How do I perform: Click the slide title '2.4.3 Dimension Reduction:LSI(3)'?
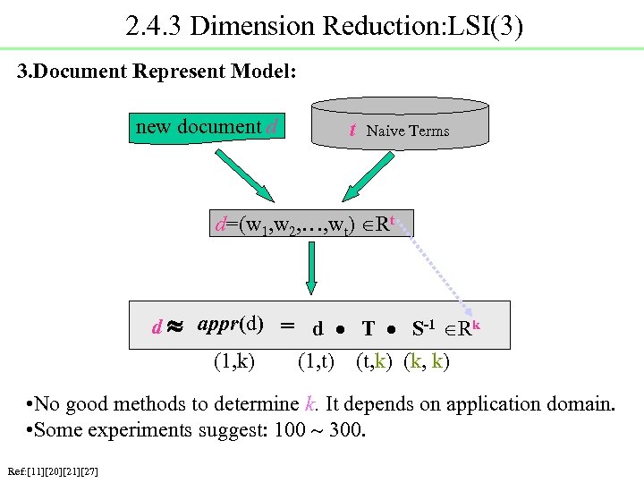[x=324, y=25]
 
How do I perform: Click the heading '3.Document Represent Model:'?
[x=157, y=72]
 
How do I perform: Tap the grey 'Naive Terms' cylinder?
[x=400, y=125]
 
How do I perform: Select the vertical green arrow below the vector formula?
[x=311, y=267]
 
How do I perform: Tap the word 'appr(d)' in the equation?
[x=230, y=324]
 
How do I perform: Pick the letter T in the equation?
[x=368, y=329]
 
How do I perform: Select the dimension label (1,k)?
[x=233, y=361]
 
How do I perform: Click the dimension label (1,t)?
[x=316, y=361]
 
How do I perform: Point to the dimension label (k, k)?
[x=427, y=361]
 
